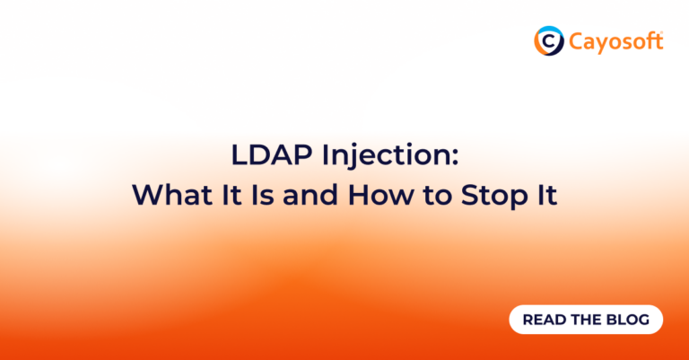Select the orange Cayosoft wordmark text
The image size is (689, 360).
(614, 40)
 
